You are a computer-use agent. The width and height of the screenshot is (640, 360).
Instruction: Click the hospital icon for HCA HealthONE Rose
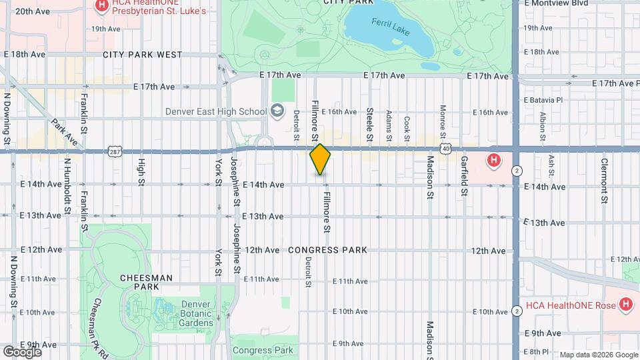[625, 305]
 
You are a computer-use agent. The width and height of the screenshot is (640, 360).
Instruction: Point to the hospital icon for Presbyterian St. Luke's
[101, 7]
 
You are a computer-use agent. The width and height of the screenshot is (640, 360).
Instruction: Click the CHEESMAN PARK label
[146, 282]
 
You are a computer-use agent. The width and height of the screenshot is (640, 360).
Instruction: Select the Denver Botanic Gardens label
[197, 313]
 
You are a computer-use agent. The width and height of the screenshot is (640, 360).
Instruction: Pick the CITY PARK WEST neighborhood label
[142, 55]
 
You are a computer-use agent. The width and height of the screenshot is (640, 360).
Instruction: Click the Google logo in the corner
[23, 351]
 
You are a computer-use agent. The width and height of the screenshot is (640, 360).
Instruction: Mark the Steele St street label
[369, 125]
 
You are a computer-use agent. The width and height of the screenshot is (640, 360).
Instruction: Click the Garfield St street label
[463, 176]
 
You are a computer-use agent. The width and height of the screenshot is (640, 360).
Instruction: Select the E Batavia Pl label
[544, 99]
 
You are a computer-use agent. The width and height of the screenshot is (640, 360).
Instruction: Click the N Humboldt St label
[67, 187]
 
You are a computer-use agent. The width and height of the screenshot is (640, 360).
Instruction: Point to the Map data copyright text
[597, 354]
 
